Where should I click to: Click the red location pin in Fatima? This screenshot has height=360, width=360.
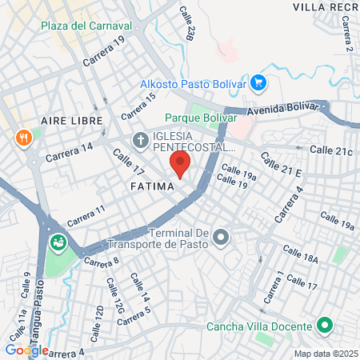pos(180,164)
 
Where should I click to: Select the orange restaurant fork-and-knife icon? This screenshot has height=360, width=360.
pos(26,137)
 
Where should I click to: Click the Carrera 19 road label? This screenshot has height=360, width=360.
pos(104,49)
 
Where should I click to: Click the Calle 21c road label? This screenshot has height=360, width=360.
pos(330,150)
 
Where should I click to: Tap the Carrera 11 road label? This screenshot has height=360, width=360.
pos(86,216)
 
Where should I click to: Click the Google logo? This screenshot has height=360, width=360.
pos(26,350)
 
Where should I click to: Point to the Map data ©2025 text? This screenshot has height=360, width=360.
pos(324,354)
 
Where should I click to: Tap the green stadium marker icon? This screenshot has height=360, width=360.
pos(58,241)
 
